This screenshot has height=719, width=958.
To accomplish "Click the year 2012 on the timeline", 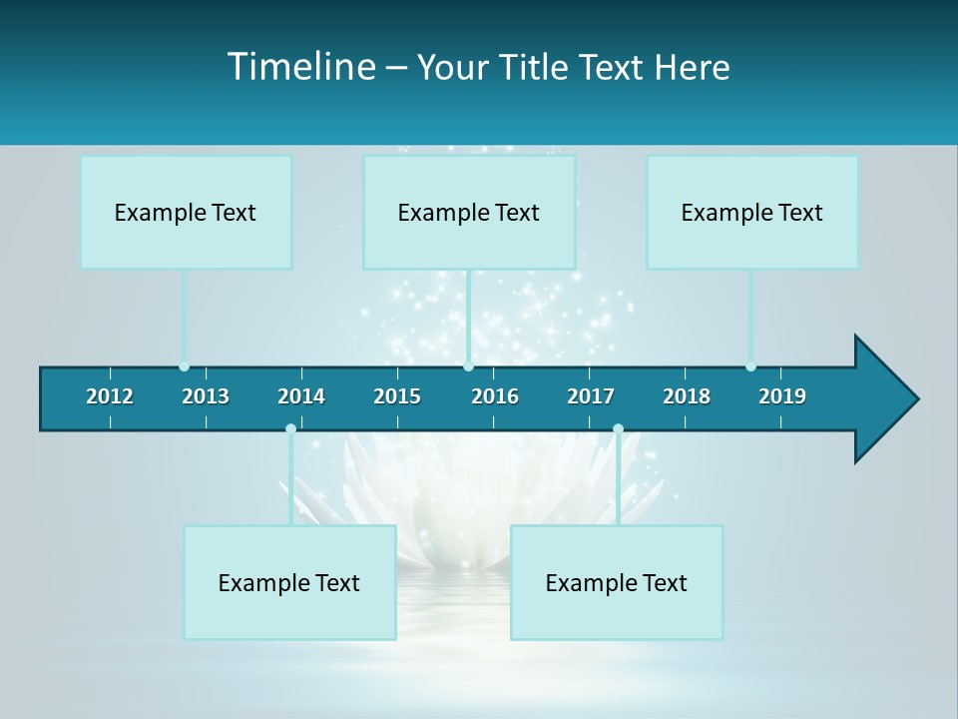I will (110, 396).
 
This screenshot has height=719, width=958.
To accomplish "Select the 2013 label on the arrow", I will (206, 396).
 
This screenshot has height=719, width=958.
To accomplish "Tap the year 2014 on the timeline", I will (301, 396).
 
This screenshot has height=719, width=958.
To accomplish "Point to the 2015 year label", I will (397, 396).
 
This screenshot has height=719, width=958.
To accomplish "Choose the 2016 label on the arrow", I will (495, 396).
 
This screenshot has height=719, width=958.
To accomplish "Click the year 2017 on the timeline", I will (591, 396).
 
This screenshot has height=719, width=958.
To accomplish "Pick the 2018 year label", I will (687, 396).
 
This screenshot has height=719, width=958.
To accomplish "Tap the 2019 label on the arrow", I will (782, 396).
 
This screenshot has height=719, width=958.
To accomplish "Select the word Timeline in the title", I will (299, 67).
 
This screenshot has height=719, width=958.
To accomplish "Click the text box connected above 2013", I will (186, 212).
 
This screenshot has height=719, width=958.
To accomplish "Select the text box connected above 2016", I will (469, 212).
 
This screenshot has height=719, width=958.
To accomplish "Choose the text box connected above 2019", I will (752, 212).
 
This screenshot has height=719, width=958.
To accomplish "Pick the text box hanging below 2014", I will (289, 582).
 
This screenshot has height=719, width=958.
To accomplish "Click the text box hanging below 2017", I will (617, 582).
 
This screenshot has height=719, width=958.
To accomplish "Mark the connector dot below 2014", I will (290, 429).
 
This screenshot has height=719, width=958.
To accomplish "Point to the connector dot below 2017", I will (618, 429).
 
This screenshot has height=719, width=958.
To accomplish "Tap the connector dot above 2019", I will (750, 366).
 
